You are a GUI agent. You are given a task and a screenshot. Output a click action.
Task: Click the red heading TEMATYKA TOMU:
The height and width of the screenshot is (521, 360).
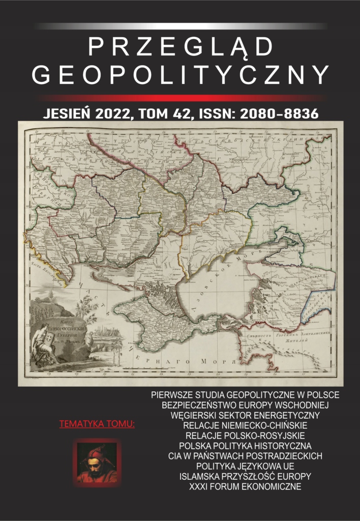pos(97,423)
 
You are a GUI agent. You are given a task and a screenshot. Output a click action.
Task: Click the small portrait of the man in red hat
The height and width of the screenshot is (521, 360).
pos(97,462)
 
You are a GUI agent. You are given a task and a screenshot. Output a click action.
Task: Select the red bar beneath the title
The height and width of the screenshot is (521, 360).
pos(180,97)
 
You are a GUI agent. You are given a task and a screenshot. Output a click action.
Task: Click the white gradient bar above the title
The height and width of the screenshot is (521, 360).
pos(180,25)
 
